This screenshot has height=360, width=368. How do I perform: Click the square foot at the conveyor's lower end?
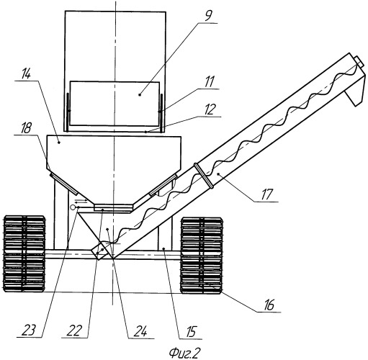[102, 251]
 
